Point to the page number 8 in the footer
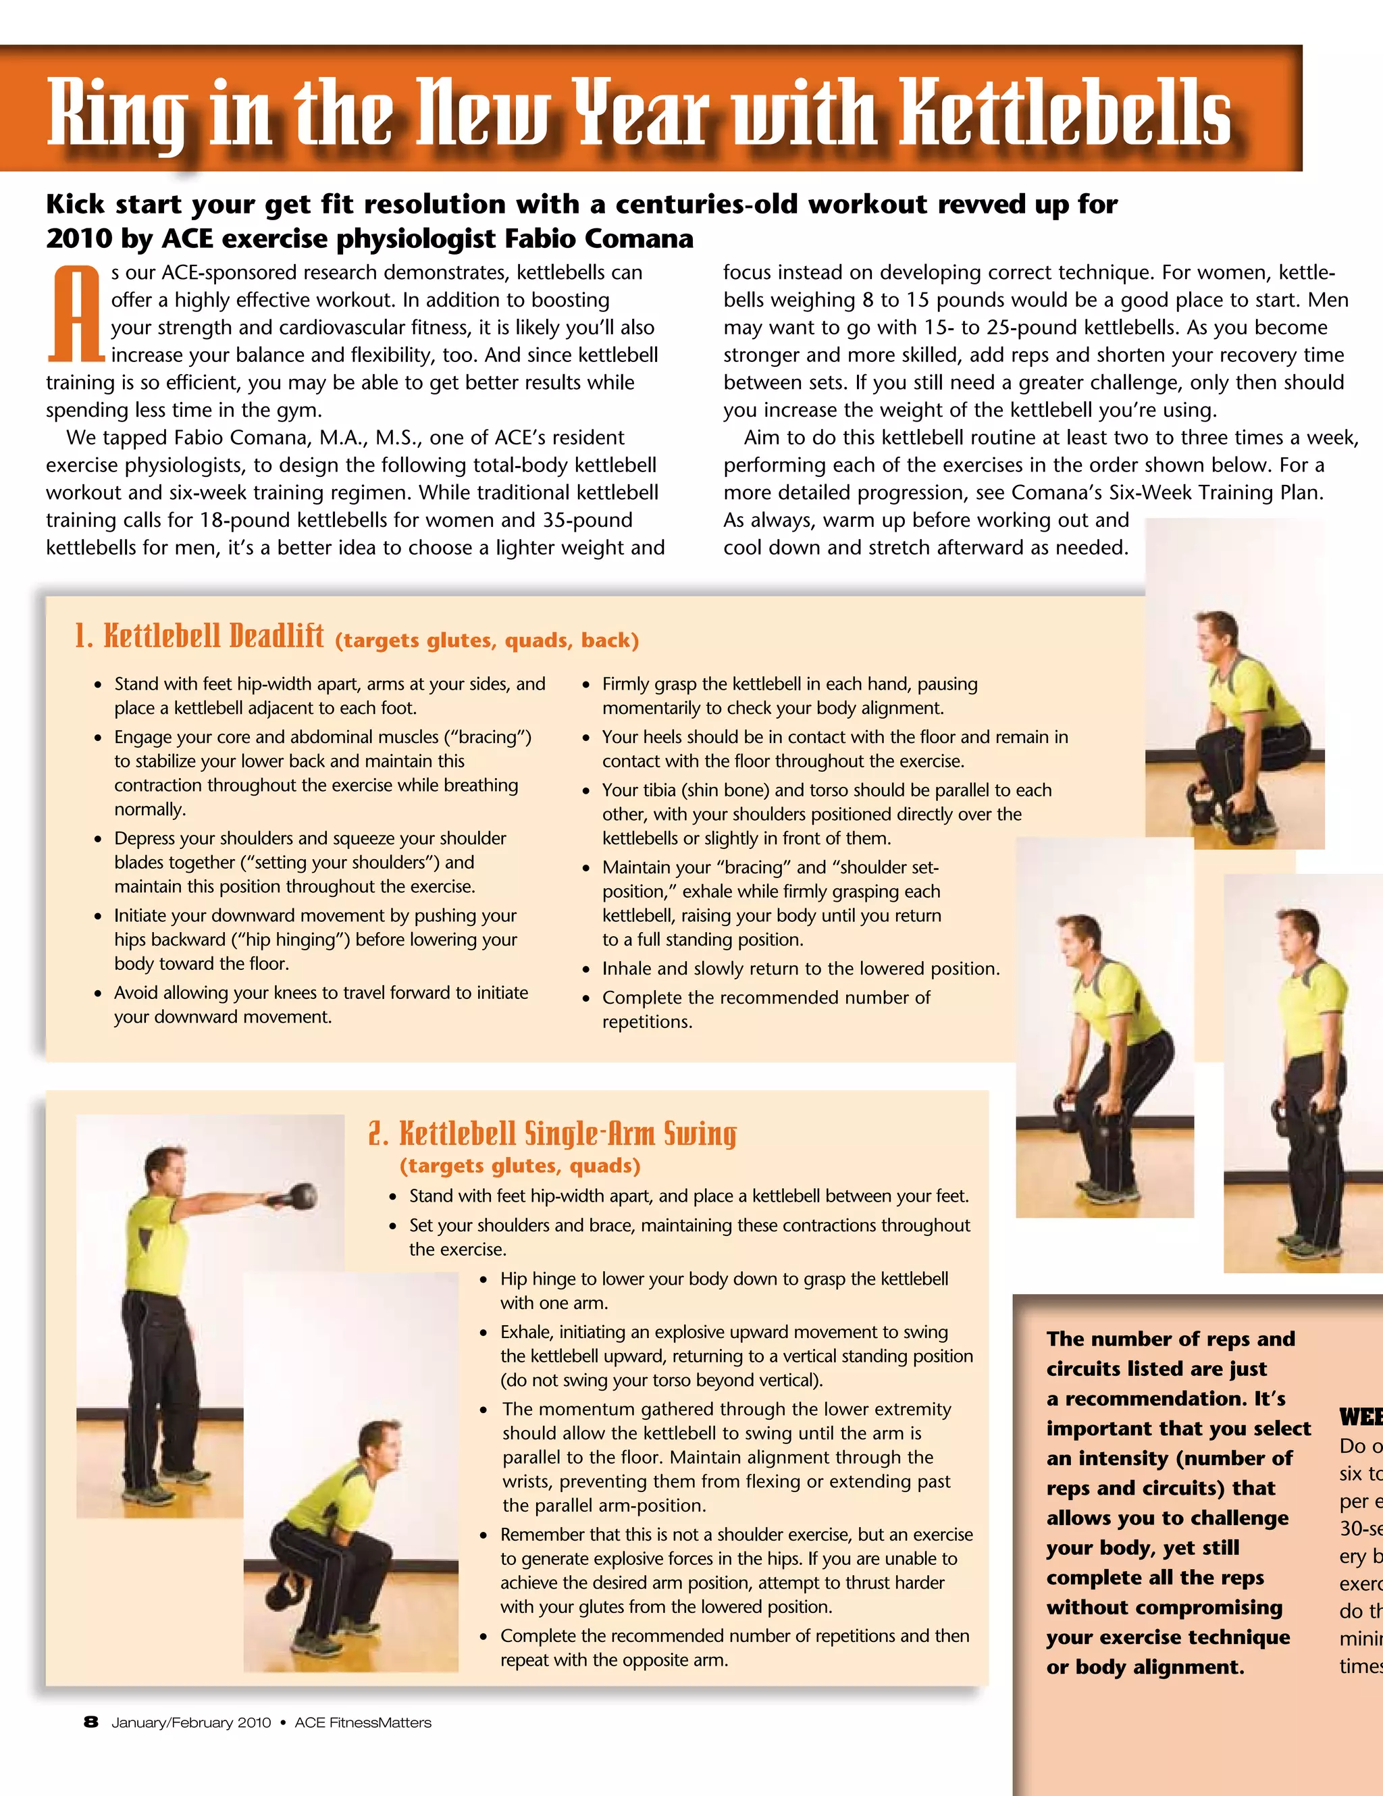pyautogui.click(x=91, y=1722)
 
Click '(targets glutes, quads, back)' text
pyautogui.click(x=487, y=640)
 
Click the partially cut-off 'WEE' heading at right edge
pyautogui.click(x=1361, y=1418)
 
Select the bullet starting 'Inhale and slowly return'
pyautogui.click(x=800, y=969)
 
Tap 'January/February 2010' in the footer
pyautogui.click(x=190, y=1723)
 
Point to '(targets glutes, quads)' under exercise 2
pyautogui.click(x=520, y=1166)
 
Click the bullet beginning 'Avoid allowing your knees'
pyautogui.click(x=321, y=1004)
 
